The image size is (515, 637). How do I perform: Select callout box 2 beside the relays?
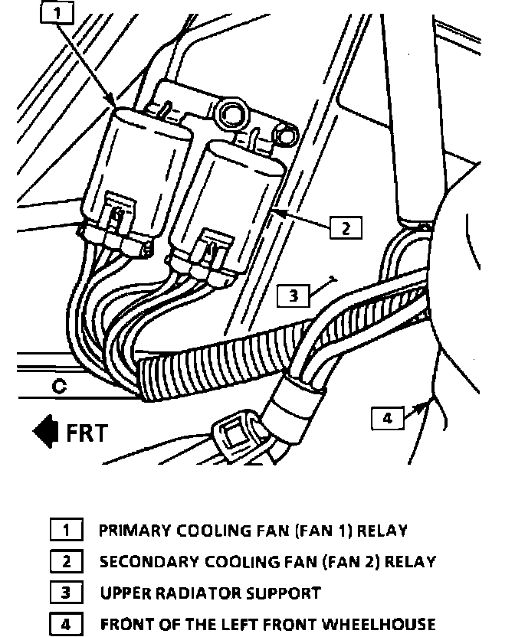[346, 227]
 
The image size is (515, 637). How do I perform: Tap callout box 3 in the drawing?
[294, 295]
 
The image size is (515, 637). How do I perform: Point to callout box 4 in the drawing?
[387, 418]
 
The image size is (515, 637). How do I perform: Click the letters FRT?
[87, 432]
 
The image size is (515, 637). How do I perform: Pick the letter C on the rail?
[59, 387]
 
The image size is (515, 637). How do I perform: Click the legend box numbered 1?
[66, 529]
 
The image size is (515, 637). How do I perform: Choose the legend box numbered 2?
[66, 561]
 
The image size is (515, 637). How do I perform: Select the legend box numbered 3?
[66, 593]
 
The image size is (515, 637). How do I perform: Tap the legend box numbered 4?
[66, 624]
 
